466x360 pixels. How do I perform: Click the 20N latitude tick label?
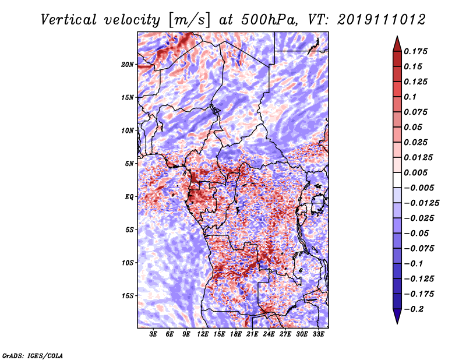[128, 65]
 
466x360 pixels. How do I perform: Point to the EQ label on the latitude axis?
[129, 197]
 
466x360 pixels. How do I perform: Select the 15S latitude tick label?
[128, 296]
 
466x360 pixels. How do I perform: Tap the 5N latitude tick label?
[130, 164]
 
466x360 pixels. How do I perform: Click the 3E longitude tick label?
[153, 334]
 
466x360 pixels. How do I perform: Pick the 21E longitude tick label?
[252, 334]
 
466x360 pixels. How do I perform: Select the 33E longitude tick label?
[318, 334]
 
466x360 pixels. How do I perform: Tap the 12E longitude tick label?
[202, 334]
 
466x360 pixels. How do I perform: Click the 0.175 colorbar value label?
[415, 51]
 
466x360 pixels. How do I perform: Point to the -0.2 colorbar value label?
[414, 309]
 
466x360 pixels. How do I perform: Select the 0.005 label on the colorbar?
[415, 172]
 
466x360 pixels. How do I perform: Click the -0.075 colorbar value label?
[419, 249]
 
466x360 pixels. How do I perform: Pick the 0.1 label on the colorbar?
[410, 97]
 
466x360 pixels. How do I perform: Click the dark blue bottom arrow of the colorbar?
[397, 316]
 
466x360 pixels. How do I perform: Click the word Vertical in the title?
[69, 20]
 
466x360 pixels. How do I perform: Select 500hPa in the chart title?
[269, 20]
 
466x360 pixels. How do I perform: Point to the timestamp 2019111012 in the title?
[382, 20]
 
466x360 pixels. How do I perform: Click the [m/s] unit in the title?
[189, 20]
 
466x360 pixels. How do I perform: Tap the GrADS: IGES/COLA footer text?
[33, 355]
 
